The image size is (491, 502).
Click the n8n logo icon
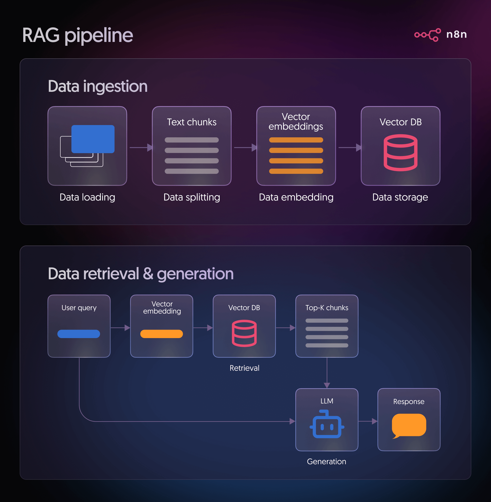(x=427, y=35)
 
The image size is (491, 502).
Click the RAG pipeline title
(x=78, y=35)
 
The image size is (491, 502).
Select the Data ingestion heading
(x=97, y=86)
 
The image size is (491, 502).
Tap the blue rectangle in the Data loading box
(x=93, y=139)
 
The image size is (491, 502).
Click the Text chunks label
(x=192, y=122)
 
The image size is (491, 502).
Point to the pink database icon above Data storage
(x=400, y=153)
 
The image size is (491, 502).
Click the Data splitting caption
(x=192, y=197)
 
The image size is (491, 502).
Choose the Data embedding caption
(x=296, y=197)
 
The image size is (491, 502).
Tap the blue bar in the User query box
(x=79, y=334)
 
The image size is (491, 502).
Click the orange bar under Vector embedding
(x=161, y=334)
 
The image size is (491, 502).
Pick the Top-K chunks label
(x=327, y=308)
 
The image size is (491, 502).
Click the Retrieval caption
(x=244, y=368)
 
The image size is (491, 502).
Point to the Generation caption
(x=327, y=462)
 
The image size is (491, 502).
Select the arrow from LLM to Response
(x=367, y=421)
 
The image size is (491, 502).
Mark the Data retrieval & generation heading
(x=141, y=274)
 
